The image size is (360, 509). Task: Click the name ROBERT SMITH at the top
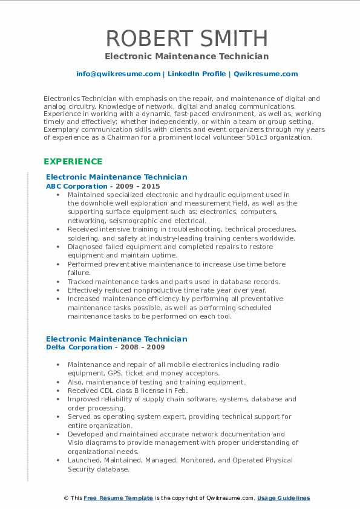[186, 38]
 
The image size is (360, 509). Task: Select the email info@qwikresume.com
[118, 74]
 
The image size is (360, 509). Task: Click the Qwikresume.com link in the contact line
[266, 74]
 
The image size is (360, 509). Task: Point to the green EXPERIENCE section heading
[73, 162]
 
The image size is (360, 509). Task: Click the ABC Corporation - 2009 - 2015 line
[103, 186]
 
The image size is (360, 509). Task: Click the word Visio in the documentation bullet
[76, 443]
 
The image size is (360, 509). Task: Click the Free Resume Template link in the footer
[118, 498]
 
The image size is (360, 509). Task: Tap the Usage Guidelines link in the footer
[283, 498]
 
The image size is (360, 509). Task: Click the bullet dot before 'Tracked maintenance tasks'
[57, 282]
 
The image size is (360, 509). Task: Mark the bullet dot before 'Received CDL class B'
[57, 391]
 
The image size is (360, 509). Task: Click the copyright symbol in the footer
[66, 498]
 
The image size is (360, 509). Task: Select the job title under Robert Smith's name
[186, 56]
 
